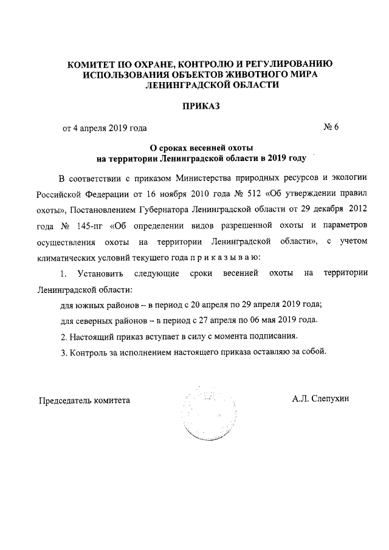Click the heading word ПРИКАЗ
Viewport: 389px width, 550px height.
point(200,106)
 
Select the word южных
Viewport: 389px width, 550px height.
point(90,304)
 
